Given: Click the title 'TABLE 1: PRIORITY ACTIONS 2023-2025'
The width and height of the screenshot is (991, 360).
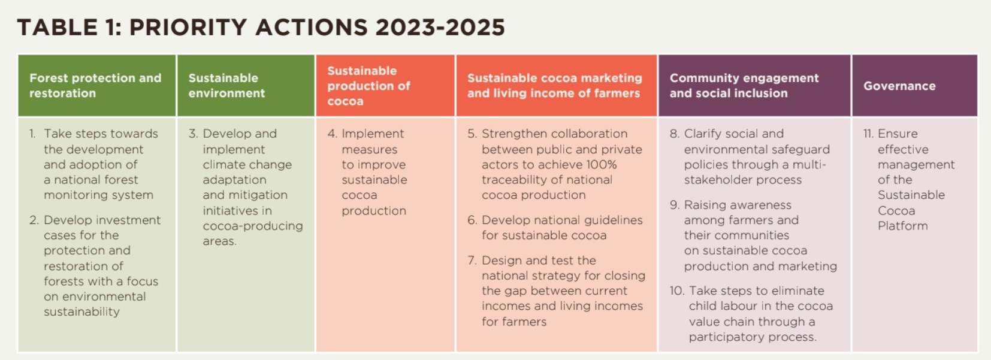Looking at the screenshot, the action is (x=261, y=28).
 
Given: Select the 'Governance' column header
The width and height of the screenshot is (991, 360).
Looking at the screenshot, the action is (x=899, y=86).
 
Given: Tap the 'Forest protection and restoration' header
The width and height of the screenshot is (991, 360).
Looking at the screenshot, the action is (x=95, y=85).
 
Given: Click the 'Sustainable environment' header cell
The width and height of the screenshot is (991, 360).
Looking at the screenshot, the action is (x=226, y=85).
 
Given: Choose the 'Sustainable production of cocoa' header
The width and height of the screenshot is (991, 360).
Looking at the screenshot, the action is (x=368, y=86).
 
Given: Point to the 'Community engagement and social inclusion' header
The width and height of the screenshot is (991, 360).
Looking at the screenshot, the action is (x=744, y=85).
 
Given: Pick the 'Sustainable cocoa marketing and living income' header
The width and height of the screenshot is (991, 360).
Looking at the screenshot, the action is (x=555, y=85).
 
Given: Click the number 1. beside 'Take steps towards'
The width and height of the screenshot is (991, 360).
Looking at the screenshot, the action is (x=32, y=134).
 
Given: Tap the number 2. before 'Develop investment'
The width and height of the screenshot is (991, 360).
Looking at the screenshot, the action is (x=34, y=220).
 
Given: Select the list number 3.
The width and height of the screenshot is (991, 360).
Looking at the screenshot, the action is (x=193, y=134).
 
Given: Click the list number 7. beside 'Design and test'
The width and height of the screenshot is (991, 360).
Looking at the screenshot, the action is (x=472, y=261).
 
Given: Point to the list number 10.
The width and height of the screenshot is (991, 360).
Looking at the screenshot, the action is (x=677, y=291).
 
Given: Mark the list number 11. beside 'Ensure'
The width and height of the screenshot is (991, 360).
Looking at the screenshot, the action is (x=868, y=134).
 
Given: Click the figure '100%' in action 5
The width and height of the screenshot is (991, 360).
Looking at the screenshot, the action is (x=601, y=165).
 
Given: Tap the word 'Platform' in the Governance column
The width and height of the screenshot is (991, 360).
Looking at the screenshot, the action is (x=902, y=226).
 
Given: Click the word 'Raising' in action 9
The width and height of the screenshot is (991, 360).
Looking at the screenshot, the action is (x=703, y=205).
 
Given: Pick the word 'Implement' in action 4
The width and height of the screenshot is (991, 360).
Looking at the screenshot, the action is (x=373, y=134).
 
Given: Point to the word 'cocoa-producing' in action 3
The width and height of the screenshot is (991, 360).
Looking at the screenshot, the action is (x=253, y=226).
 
